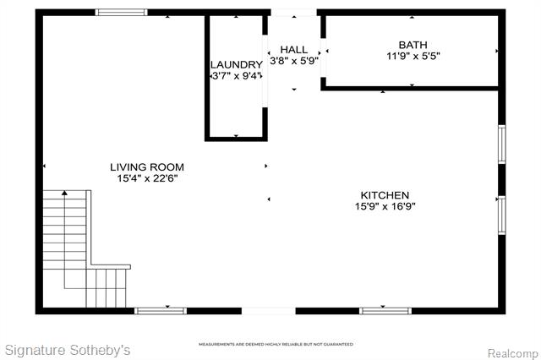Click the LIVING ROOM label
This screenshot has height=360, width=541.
click(x=147, y=167)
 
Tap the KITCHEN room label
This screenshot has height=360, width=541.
click(x=385, y=195)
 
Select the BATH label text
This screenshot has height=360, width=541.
click(x=413, y=45)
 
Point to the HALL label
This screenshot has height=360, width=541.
click(x=293, y=50)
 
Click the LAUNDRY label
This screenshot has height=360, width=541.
click(x=237, y=65)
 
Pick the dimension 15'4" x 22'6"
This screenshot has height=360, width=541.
click(x=147, y=178)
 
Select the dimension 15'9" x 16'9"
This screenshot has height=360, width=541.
click(x=385, y=206)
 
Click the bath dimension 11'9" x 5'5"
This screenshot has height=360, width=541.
click(x=413, y=56)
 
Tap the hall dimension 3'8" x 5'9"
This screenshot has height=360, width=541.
click(x=293, y=61)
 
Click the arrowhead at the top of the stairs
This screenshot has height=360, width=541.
click(x=64, y=193)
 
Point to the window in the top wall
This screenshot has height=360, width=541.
click(x=122, y=13)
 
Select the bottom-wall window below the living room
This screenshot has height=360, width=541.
click(x=161, y=311)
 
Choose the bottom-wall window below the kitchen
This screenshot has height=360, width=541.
click(x=385, y=311)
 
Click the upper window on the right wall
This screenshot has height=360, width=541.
click(x=502, y=144)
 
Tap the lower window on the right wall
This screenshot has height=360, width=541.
click(x=502, y=215)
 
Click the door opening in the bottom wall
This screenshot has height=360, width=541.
click(x=269, y=311)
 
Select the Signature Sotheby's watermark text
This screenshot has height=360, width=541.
click(x=68, y=350)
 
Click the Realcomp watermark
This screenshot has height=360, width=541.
click(x=513, y=353)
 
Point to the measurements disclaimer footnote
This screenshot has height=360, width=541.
click(x=276, y=344)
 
